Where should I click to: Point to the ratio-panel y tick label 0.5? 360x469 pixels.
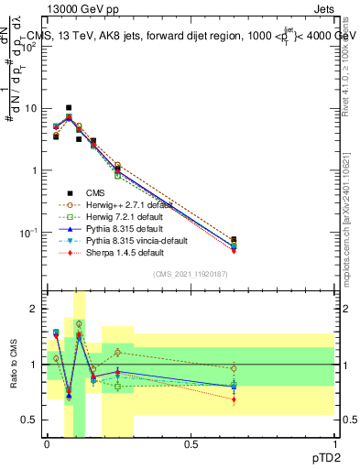click(29, 420)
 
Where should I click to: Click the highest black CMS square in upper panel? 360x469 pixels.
click(68, 107)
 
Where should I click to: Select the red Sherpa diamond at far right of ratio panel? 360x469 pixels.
click(234, 399)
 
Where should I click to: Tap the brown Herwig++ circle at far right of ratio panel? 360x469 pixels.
click(234, 369)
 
